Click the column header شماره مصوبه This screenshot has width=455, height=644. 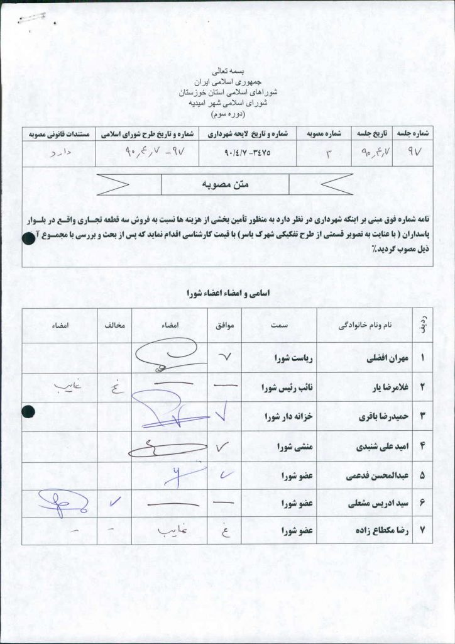tap(325, 134)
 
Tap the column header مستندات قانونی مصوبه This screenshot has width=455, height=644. tap(58, 134)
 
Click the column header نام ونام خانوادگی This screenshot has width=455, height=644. tap(365, 326)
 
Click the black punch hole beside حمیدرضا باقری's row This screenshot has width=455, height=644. tap(26, 412)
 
